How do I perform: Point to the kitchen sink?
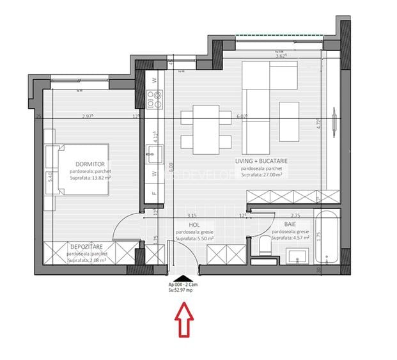point(155,151)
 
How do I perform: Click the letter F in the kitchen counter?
point(155,190)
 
